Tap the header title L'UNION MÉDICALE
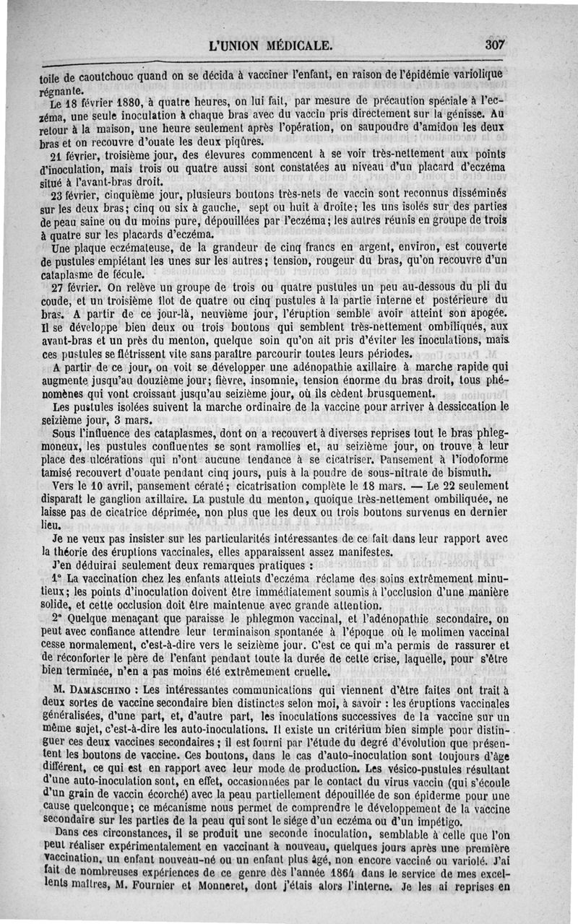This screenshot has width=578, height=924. (270, 45)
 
